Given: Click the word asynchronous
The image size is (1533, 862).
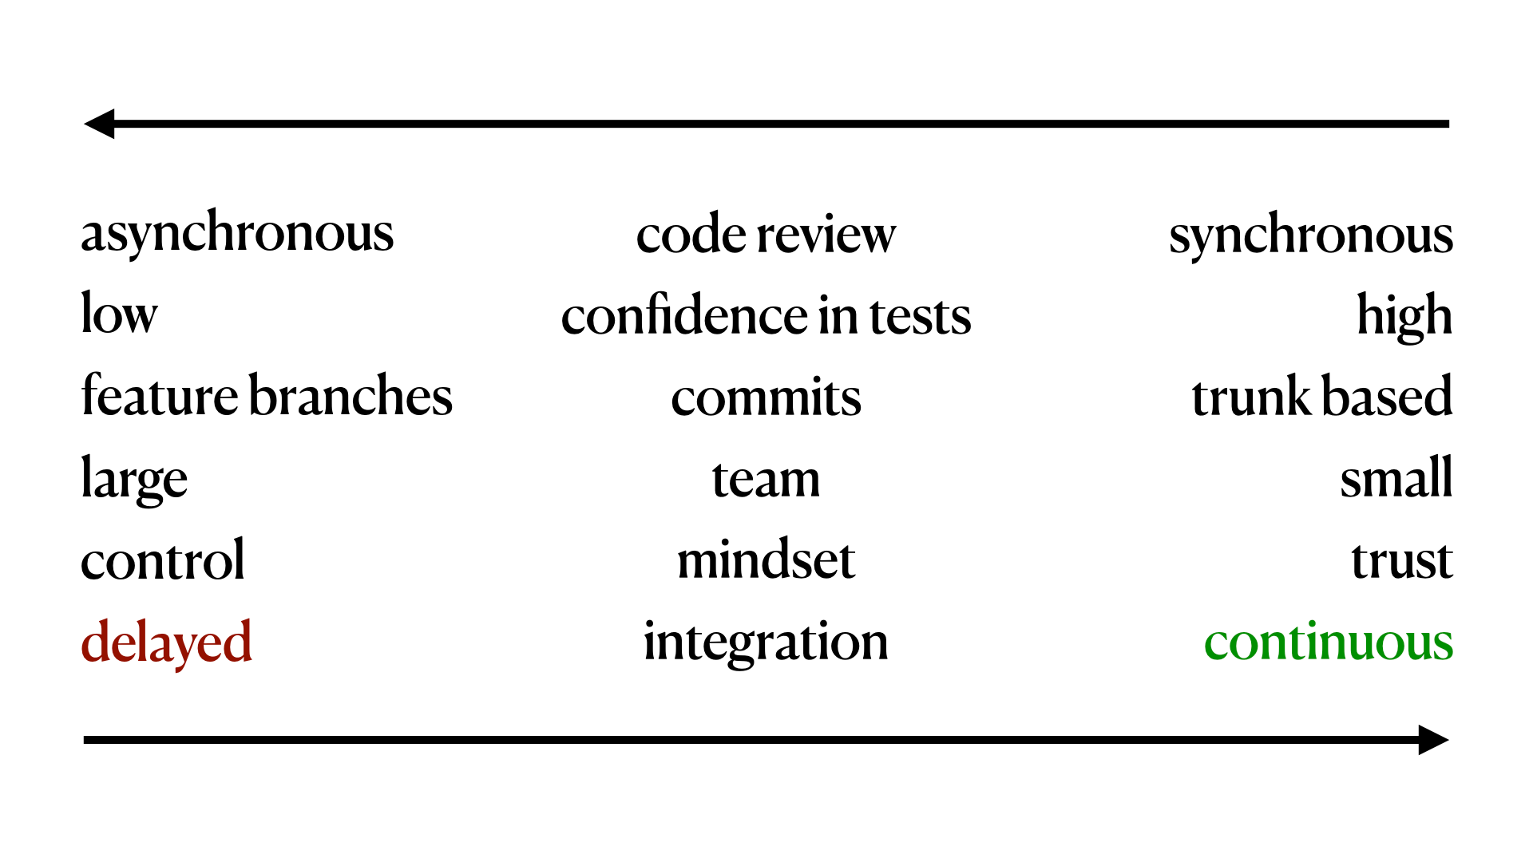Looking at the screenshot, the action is coord(237,234).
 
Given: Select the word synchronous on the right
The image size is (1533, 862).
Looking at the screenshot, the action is coord(1310,235).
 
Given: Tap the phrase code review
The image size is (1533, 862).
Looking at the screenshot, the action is coord(766,235).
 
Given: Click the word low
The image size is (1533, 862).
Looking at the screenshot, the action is coord(119,314).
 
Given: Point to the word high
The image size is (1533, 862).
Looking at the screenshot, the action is coord(1404,317).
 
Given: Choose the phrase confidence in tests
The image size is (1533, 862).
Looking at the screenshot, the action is coord(766,316).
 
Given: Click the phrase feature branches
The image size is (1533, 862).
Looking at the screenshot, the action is coord(267,397).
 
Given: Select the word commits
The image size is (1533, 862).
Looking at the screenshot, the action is coord(766,398).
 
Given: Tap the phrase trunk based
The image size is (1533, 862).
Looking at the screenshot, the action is coord(1321,397).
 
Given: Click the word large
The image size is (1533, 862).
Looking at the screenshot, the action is coord(134,480).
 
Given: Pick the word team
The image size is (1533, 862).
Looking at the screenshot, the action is coord(766,480).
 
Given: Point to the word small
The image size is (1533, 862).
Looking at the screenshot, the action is coord(1396,479).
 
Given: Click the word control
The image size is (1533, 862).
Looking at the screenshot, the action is coord(163,560).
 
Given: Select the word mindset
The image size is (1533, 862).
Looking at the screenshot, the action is coord(766,560).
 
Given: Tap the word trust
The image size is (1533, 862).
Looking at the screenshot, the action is coord(1401,561).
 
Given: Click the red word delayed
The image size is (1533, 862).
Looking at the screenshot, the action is coord(166,643).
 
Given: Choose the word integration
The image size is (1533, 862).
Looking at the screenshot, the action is coord(766,643).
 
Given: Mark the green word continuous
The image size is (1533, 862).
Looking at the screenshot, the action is coord(1328,643).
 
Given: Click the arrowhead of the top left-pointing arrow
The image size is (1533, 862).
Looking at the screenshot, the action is coord(101,124).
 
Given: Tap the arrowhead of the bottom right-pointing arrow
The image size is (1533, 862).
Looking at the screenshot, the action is coord(1432,740).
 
